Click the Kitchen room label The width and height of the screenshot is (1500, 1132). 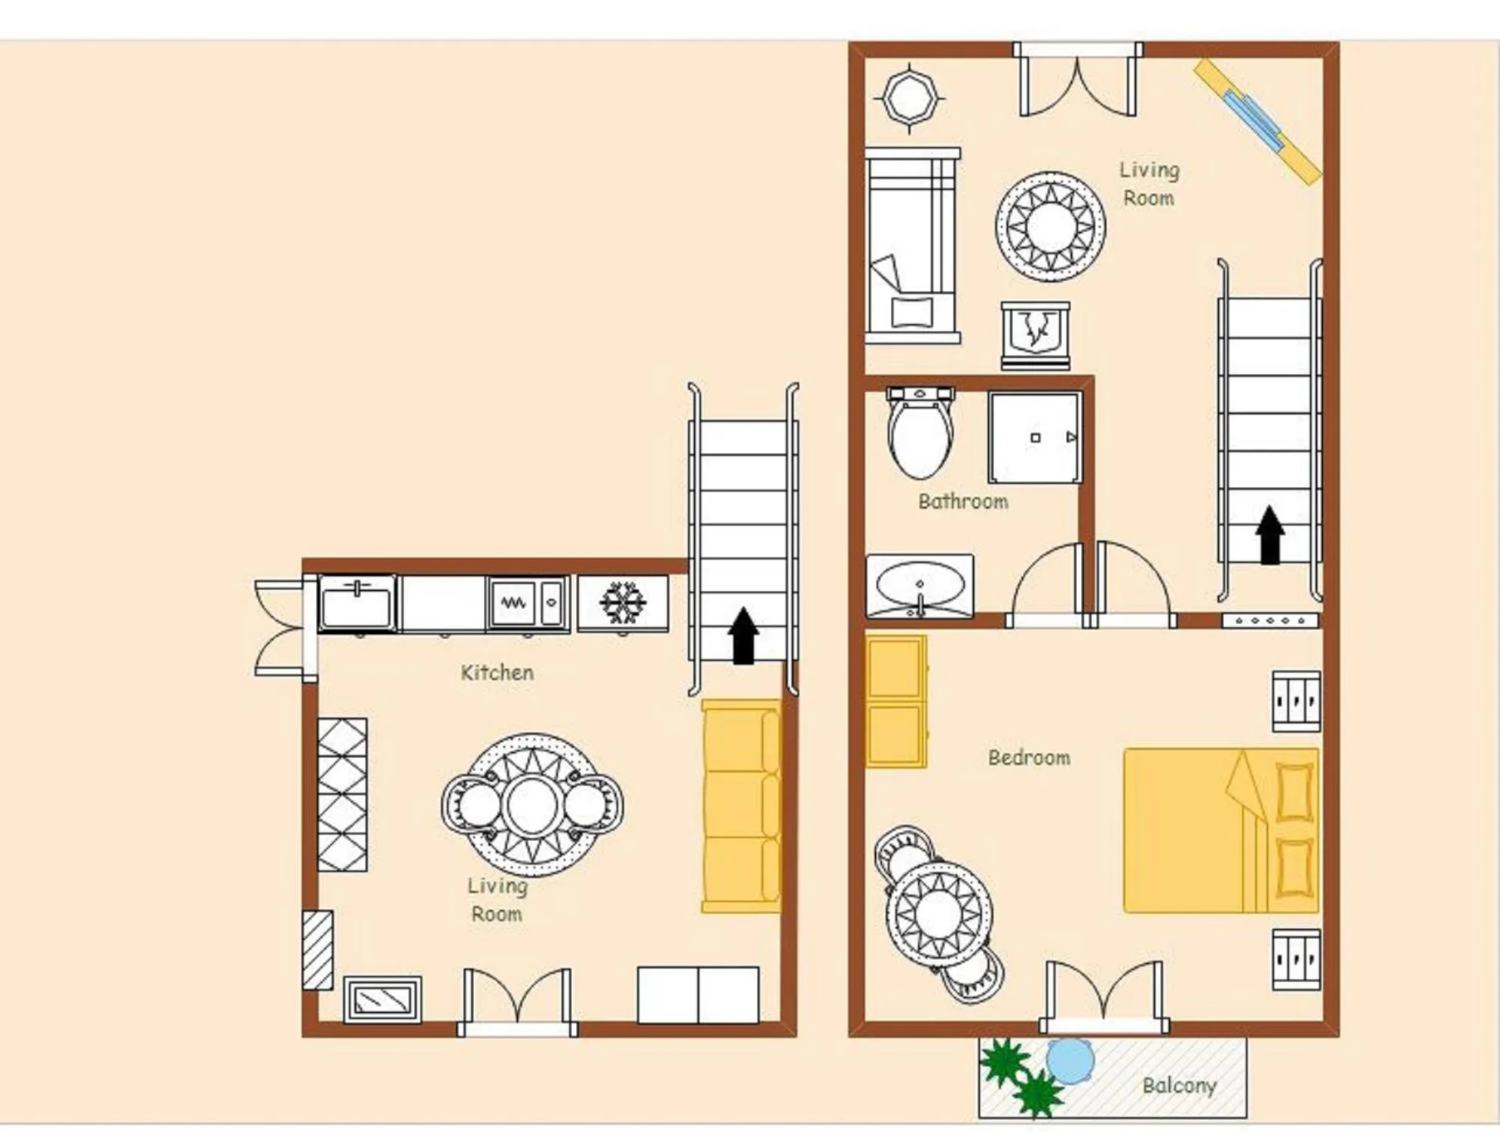[497, 672]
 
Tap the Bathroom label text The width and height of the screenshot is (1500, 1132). [963, 501]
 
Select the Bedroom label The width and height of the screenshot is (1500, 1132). [1029, 757]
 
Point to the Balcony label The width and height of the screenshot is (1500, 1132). [1179, 1085]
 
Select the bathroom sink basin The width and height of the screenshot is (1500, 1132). [920, 586]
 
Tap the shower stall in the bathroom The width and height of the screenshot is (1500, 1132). [1036, 437]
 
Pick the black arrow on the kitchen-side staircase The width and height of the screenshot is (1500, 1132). [744, 635]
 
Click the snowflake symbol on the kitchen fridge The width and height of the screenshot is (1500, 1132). [623, 602]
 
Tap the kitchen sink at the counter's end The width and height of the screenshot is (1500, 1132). [357, 603]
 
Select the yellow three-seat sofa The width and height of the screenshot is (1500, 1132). [742, 806]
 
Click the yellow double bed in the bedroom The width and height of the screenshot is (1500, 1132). [1221, 831]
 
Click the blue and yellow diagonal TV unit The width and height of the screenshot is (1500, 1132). [1257, 121]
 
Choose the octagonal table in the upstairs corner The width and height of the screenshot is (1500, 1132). [911, 98]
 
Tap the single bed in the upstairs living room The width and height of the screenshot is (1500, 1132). [913, 246]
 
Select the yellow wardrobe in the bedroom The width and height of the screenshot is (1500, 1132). [896, 702]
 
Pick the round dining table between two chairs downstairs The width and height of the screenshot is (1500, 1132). [532, 805]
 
